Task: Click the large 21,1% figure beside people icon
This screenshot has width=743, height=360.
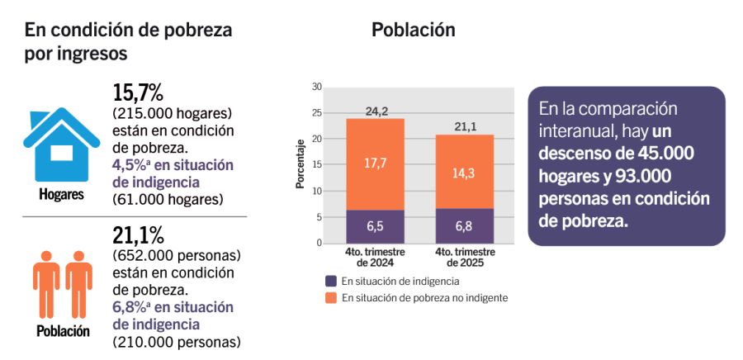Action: pos(138,234)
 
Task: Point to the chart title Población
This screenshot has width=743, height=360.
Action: pos(413,30)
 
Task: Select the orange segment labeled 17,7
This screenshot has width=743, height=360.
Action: pos(375,164)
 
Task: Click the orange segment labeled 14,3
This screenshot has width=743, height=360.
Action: pos(464,172)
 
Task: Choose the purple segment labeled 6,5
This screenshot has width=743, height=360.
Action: pos(375,226)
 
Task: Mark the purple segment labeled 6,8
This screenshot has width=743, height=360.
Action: pos(464,225)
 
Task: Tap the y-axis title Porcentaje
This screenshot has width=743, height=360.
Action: pos(301,165)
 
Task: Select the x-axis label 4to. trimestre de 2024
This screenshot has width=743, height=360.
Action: pos(374,257)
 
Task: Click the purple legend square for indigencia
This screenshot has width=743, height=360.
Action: pos(331,281)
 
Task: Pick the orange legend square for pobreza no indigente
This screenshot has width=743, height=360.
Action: pos(331,297)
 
